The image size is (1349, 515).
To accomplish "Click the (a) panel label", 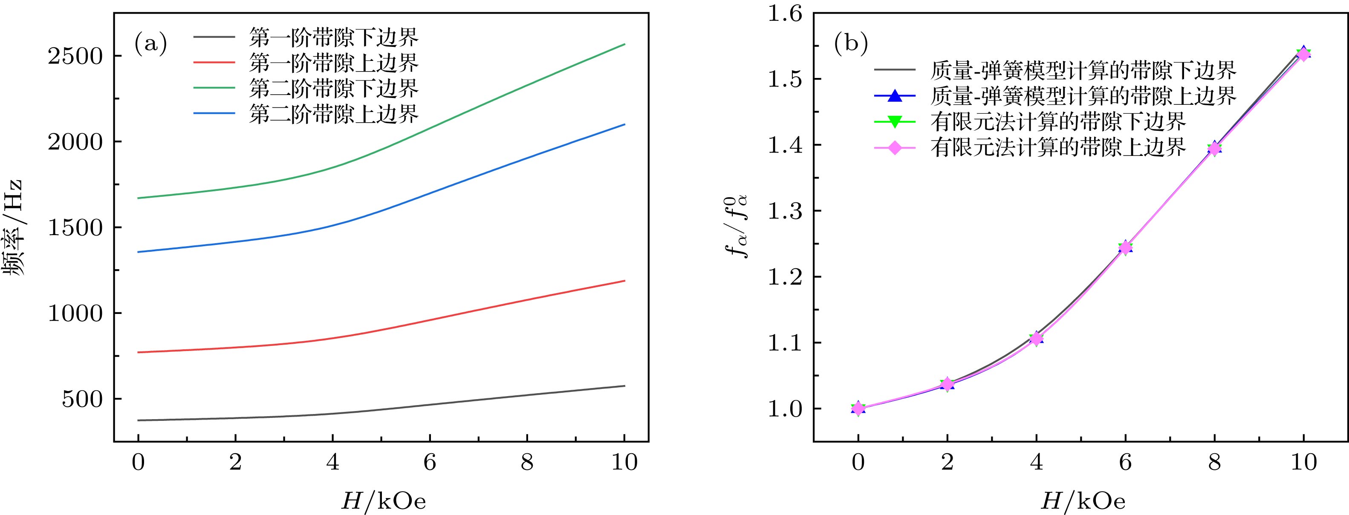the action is (x=151, y=44).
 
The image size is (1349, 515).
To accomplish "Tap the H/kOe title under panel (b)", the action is (x=1083, y=501).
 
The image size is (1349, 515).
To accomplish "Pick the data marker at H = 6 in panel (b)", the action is (x=1125, y=247).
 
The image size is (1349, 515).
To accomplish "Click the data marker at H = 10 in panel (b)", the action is (x=1304, y=53).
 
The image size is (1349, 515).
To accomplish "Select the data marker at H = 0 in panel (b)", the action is (x=858, y=408).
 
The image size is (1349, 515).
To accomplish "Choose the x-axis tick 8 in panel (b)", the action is (x=1214, y=463).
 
